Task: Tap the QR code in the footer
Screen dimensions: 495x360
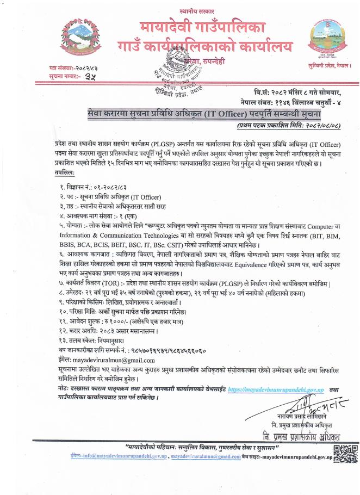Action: tap(345, 453)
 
